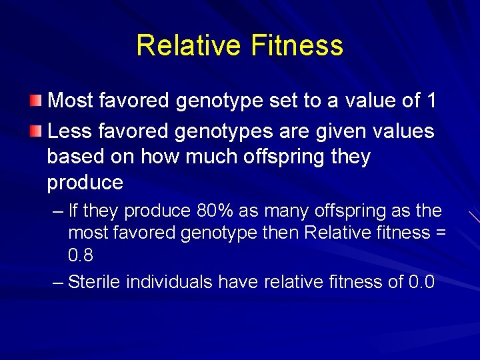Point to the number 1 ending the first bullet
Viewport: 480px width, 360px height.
coord(431,101)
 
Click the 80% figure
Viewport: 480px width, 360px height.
coord(215,211)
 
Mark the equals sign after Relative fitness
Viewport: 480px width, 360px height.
coord(441,233)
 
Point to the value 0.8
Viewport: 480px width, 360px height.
coord(81,255)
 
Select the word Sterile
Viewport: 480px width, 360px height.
coord(94,282)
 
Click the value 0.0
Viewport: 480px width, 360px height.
coord(421,282)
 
